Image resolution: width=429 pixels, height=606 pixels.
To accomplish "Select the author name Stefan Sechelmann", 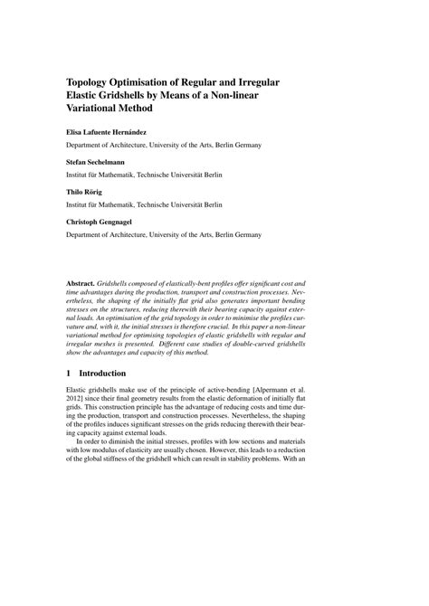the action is pyautogui.click(x=99, y=161).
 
